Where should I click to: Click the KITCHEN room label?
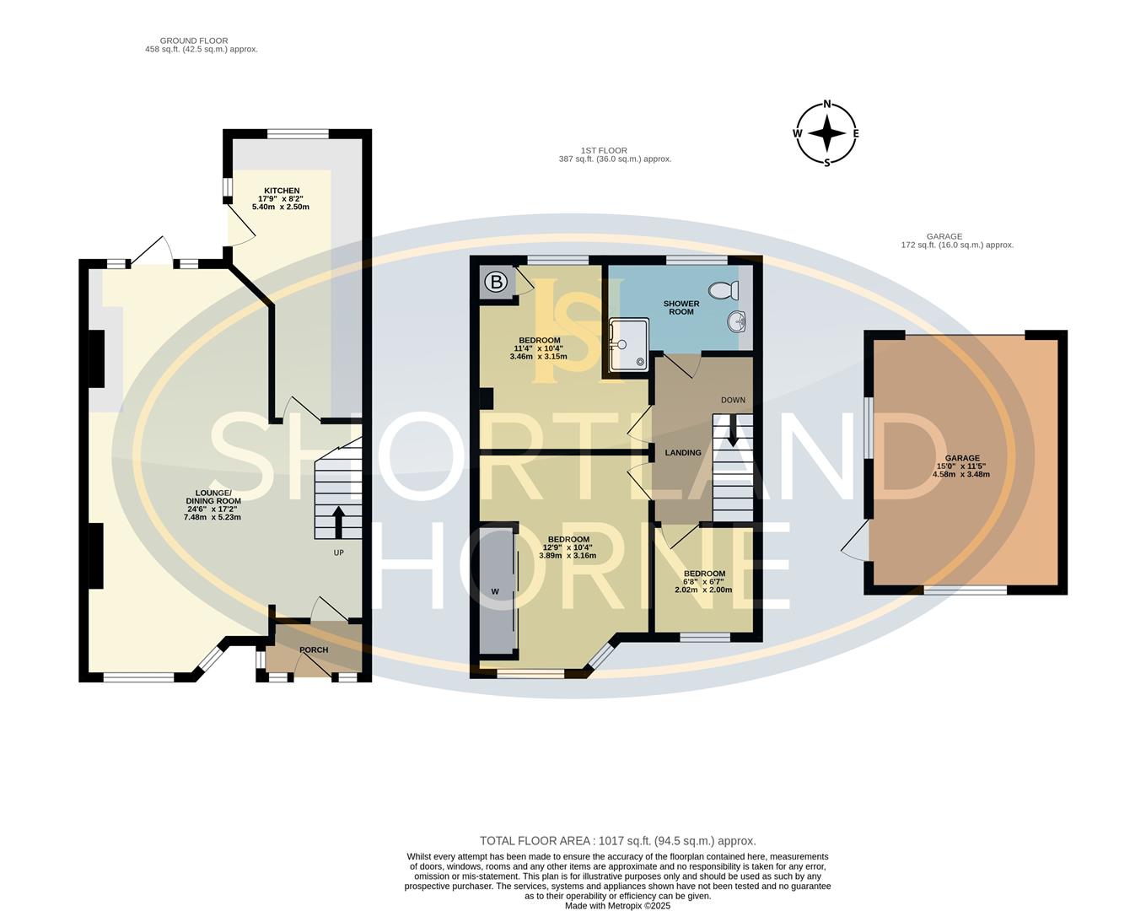click(x=281, y=191)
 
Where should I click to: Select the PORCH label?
click(x=314, y=650)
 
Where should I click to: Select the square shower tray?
click(x=628, y=343)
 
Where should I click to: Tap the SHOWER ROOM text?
click(x=681, y=308)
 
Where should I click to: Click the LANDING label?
click(x=683, y=453)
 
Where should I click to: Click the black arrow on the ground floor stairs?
click(x=338, y=522)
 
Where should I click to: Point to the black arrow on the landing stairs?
click(x=732, y=431)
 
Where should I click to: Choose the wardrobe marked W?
click(x=496, y=591)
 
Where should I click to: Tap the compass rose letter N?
click(x=827, y=105)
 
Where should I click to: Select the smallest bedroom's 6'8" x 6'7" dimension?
click(x=703, y=582)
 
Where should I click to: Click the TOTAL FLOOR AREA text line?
click(x=617, y=841)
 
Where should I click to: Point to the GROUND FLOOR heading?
click(x=194, y=40)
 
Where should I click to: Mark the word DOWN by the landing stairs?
click(x=733, y=400)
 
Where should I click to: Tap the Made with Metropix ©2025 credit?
click(x=617, y=905)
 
